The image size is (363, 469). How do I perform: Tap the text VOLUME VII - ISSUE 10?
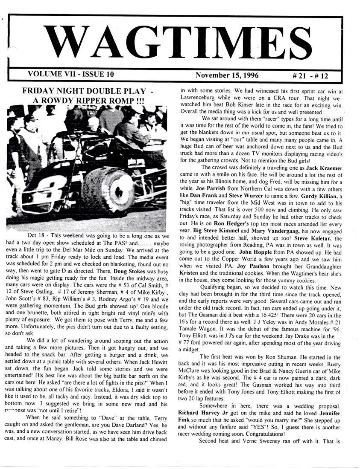tap(70, 74)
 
